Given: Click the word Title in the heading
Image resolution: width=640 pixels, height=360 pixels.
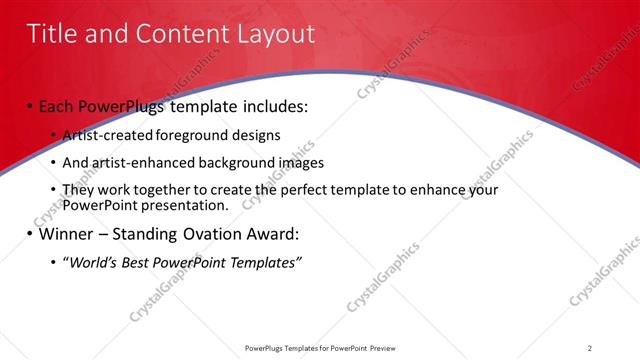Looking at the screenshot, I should (50, 34).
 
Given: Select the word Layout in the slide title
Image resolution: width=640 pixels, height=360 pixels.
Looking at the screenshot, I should (276, 34).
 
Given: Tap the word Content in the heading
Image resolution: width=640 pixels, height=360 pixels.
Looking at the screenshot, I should (181, 34).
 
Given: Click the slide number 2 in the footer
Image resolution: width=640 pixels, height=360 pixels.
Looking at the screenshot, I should (590, 347).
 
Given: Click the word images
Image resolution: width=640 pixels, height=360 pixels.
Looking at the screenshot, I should (297, 162).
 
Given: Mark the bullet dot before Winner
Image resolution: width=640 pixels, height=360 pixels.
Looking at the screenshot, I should (31, 235).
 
